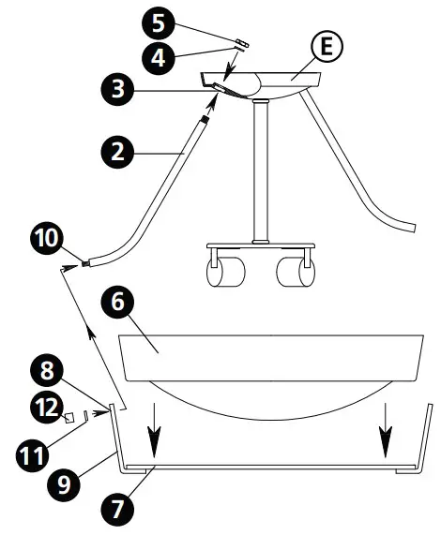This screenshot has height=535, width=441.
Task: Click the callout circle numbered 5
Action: tap(158, 20)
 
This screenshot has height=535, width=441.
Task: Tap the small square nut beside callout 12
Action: tap(69, 417)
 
